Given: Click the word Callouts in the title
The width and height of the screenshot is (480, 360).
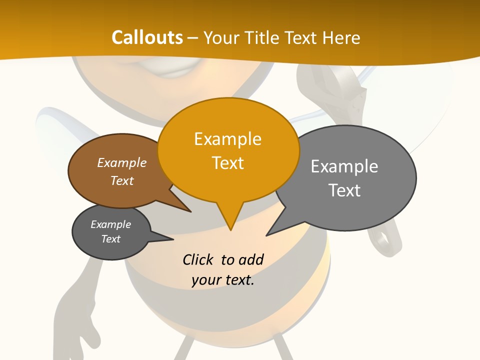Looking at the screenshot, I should (147, 37).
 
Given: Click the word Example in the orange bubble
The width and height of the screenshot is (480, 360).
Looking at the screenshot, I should (227, 139).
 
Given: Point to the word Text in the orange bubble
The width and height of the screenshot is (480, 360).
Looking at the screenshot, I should (227, 163).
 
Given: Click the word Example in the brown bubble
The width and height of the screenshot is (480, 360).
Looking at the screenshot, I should (122, 162).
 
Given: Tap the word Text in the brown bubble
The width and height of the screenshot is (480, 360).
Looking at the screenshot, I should (122, 180).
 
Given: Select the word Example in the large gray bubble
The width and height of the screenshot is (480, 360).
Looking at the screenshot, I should (344, 166).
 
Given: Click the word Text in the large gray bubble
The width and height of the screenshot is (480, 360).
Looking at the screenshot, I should (344, 190).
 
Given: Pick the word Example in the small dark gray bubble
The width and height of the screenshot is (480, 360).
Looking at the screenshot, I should (110, 224).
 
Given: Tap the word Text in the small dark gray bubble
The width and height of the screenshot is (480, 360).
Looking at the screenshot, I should (110, 239).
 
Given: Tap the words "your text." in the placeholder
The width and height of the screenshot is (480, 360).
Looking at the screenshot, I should (223, 280).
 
